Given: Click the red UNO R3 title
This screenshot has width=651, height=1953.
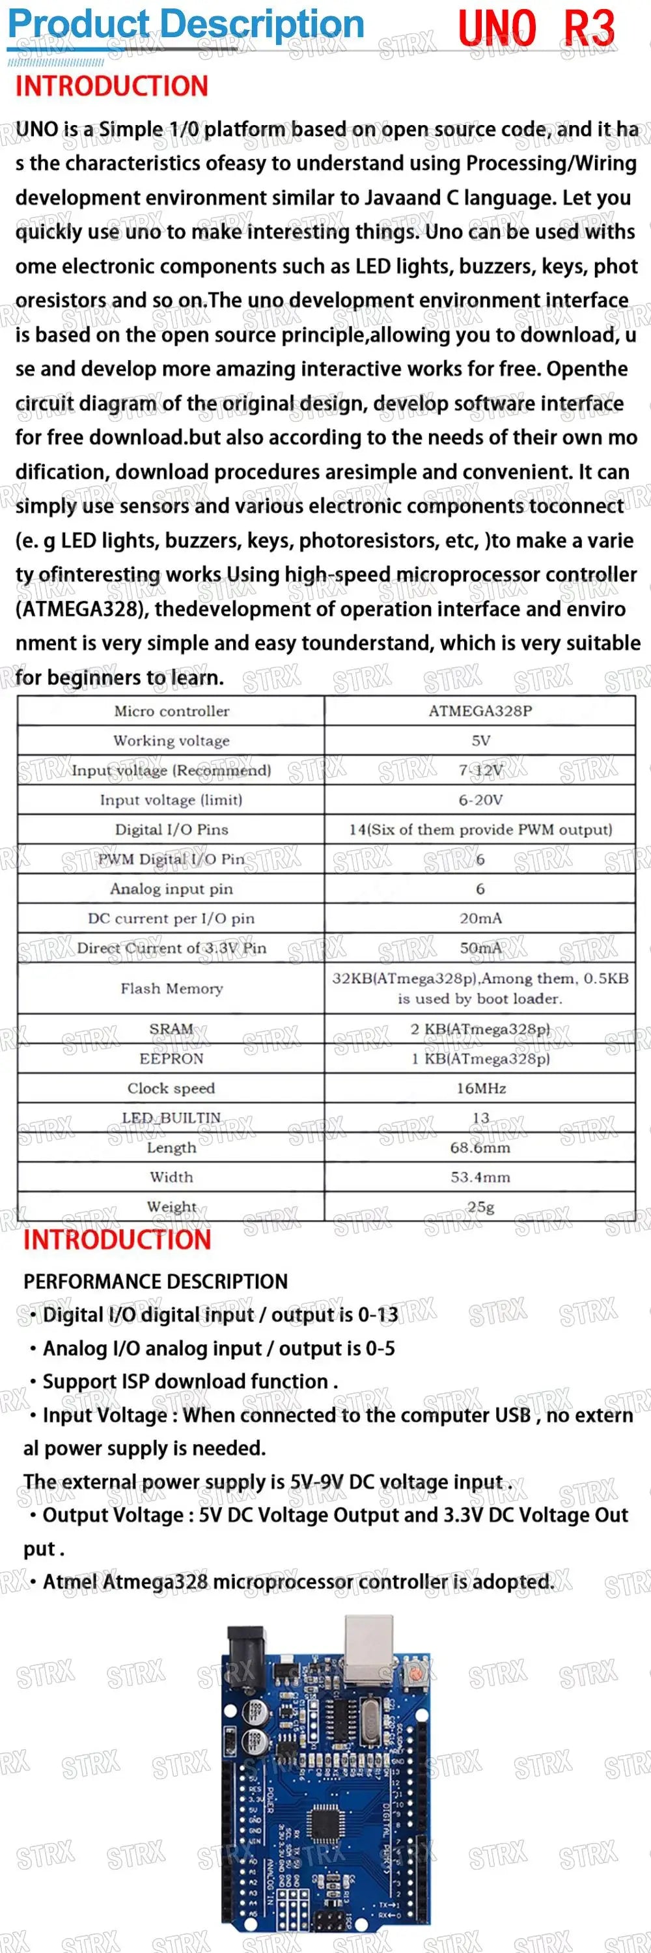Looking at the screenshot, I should point(536,29).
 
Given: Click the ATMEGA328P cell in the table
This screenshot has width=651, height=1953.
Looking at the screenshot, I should point(480,710).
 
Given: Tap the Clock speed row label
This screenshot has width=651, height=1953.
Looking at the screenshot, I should point(171,1088).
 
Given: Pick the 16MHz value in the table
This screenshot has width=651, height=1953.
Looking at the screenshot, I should point(480,1088).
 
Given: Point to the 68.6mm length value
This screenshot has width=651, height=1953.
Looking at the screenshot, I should point(480,1147).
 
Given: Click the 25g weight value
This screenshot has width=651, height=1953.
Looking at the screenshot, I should point(480,1206).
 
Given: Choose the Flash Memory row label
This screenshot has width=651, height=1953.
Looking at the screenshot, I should point(171,988).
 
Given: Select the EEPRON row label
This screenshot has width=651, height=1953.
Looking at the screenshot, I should point(171,1059).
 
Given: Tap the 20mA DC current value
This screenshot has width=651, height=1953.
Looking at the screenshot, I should point(480,918).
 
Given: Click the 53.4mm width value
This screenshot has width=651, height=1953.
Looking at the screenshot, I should point(480,1176).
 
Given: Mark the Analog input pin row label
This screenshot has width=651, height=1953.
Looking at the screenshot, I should point(171,889).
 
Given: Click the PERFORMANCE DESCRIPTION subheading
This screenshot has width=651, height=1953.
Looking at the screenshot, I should point(156,1281).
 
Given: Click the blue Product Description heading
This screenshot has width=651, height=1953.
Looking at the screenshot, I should point(186,24).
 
